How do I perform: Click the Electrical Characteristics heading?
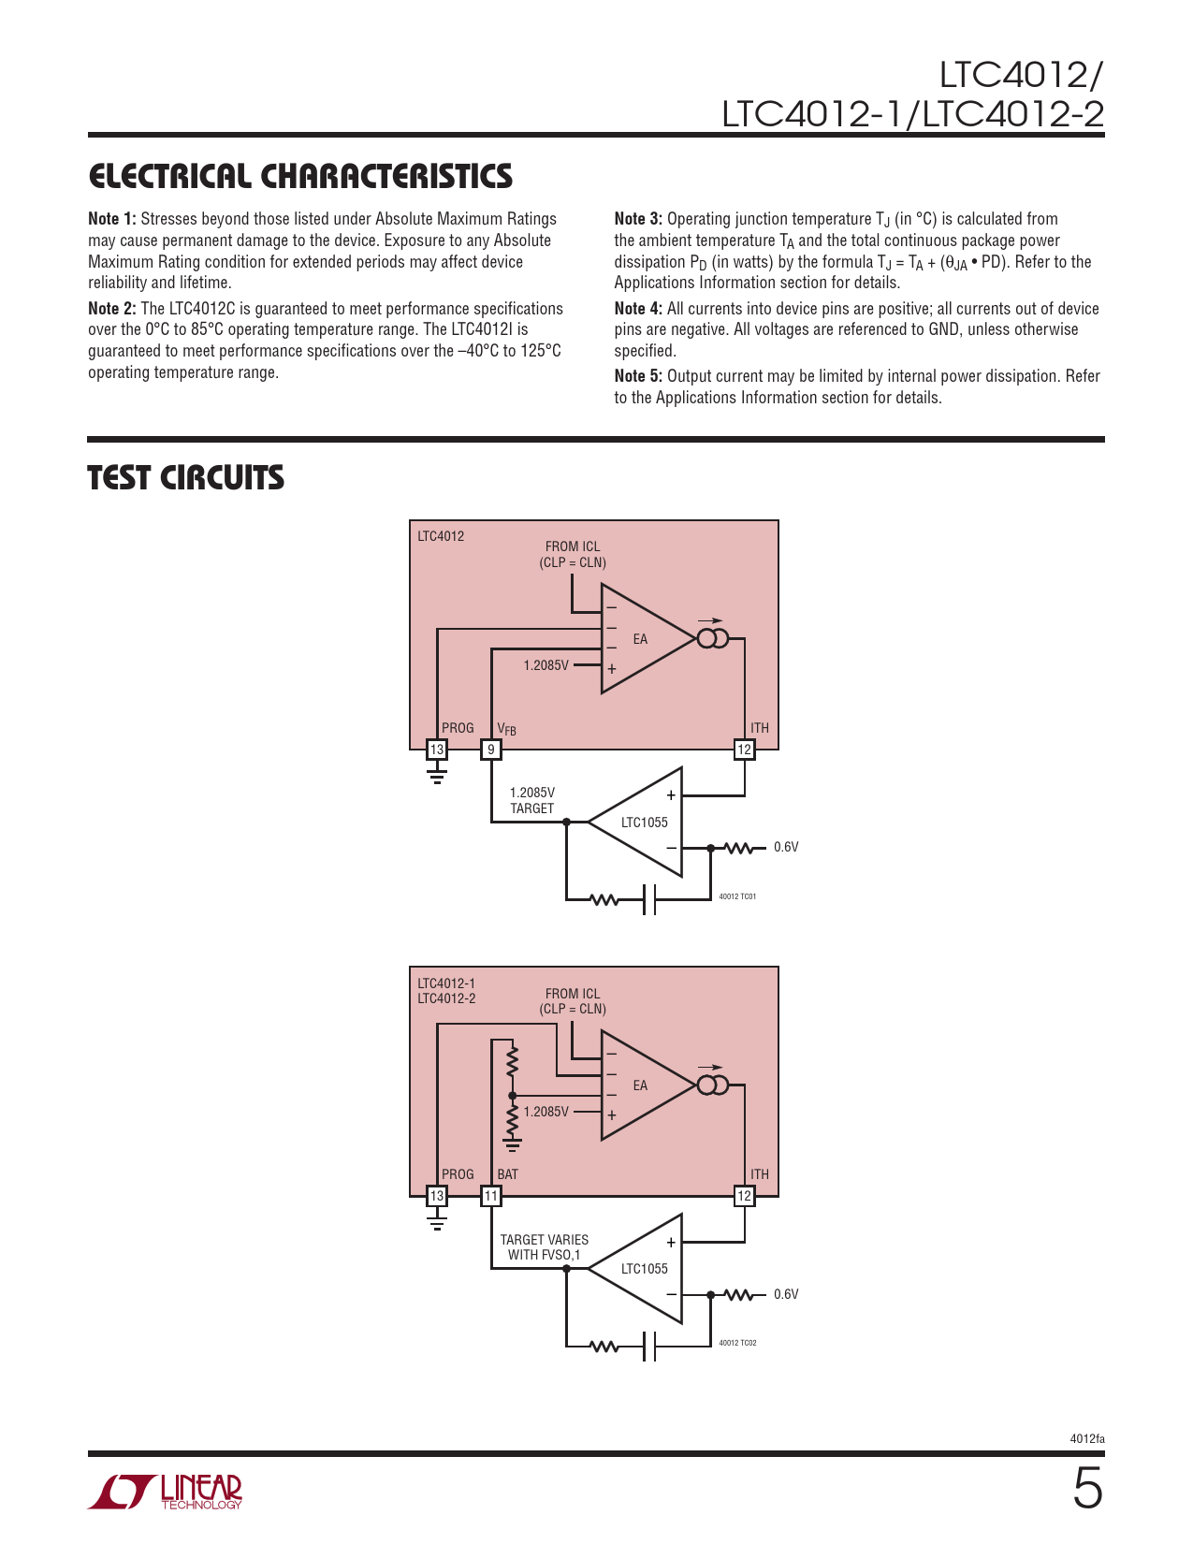click(x=300, y=177)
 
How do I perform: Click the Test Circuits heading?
click(x=186, y=478)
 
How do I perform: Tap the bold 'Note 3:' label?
click(x=638, y=219)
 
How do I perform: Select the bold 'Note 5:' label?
click(x=638, y=376)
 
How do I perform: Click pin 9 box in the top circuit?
click(x=491, y=750)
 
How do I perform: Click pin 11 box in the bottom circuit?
click(x=491, y=1196)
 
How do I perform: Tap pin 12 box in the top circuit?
click(x=744, y=750)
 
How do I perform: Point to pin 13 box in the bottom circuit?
click(x=437, y=1196)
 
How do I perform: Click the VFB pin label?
click(x=506, y=729)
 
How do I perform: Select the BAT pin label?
click(x=507, y=1174)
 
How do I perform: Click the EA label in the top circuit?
click(x=640, y=639)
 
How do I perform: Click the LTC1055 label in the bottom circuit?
click(x=645, y=1269)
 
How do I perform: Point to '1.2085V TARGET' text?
click(x=532, y=800)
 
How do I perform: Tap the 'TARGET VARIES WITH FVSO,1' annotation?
click(x=544, y=1247)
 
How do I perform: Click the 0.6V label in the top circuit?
click(x=786, y=848)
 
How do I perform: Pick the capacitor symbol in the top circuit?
click(x=649, y=900)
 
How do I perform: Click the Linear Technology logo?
click(x=166, y=1492)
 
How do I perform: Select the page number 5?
click(x=1087, y=1490)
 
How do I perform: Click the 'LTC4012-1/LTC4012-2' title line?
click(x=912, y=114)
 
